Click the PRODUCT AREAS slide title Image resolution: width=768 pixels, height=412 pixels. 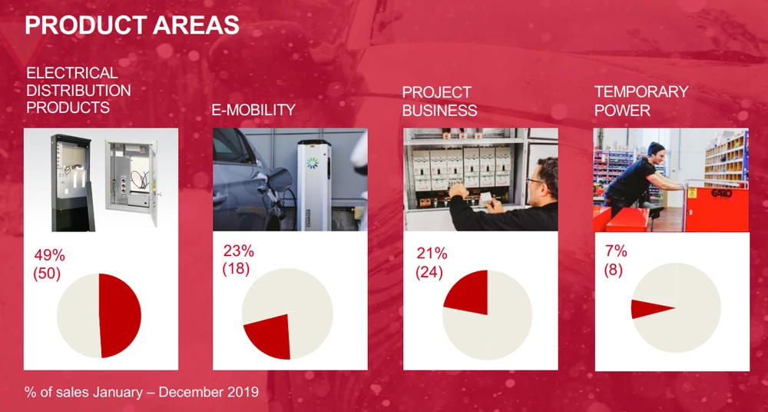click(x=132, y=25)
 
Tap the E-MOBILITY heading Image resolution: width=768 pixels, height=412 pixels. click(x=253, y=110)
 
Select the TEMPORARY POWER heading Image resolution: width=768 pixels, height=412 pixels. click(x=641, y=101)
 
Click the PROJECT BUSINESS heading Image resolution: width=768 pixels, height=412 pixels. click(x=439, y=101)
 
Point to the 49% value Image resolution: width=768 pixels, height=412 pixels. click(x=49, y=255)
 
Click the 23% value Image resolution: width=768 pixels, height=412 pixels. click(x=239, y=251)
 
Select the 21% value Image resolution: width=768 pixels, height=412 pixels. click(x=432, y=254)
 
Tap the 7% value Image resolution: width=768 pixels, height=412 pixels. click(x=616, y=251)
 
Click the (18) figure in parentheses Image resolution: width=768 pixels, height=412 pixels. click(x=236, y=269)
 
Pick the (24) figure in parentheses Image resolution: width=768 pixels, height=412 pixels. click(x=429, y=272)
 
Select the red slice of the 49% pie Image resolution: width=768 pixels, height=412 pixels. click(x=120, y=315)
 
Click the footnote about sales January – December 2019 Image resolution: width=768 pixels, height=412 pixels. click(x=141, y=392)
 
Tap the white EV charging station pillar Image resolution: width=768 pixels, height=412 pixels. click(x=314, y=185)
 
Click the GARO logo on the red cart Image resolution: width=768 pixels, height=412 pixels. click(x=721, y=194)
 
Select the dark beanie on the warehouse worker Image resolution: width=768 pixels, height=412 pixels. click(x=655, y=148)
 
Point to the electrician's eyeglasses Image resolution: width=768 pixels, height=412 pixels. click(x=533, y=181)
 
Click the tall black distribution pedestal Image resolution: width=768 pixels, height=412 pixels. click(x=72, y=183)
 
